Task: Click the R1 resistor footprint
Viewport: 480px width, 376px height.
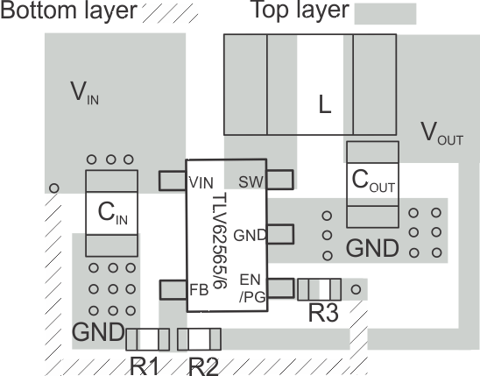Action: click(x=148, y=338)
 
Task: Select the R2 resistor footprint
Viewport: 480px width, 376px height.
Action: click(x=199, y=338)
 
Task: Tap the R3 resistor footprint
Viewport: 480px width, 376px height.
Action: click(x=319, y=289)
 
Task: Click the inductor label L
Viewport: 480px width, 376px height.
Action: click(x=325, y=106)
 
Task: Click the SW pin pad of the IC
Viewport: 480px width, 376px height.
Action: click(x=279, y=181)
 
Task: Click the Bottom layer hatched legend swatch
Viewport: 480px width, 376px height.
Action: click(x=168, y=13)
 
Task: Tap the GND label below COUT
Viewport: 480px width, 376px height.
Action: click(x=372, y=249)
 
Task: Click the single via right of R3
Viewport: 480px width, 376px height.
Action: click(x=356, y=288)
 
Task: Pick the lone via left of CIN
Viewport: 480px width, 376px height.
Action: click(x=54, y=188)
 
